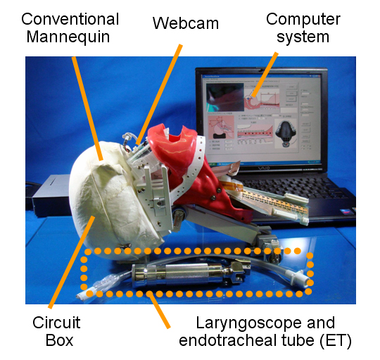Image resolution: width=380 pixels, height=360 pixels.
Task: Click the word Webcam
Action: click(x=186, y=23)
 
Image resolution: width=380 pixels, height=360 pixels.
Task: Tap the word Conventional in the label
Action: click(x=70, y=19)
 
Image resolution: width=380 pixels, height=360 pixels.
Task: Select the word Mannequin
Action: click(x=68, y=37)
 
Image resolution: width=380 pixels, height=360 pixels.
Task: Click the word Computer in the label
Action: click(x=303, y=20)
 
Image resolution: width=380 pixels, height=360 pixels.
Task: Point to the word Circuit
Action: click(x=56, y=323)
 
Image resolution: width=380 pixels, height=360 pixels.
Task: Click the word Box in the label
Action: click(x=59, y=340)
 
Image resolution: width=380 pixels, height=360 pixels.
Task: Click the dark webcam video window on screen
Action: click(x=225, y=97)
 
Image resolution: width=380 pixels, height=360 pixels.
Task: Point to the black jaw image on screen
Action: click(x=286, y=133)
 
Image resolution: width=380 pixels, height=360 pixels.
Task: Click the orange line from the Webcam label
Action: click(x=159, y=94)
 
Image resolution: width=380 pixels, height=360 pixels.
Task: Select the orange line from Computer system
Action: click(x=265, y=75)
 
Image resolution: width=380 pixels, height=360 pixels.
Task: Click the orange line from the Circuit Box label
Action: click(x=72, y=262)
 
